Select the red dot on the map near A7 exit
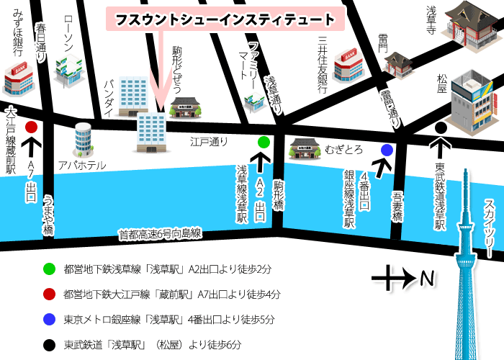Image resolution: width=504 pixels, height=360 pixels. pyautogui.click(x=31, y=127)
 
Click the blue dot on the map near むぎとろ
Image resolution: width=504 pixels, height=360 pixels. pyautogui.click(x=387, y=150)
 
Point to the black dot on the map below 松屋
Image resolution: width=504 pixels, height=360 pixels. pyautogui.click(x=441, y=128)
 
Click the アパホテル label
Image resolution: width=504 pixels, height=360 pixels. pyautogui.click(x=83, y=166)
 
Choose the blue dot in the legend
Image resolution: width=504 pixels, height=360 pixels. pyautogui.click(x=48, y=319)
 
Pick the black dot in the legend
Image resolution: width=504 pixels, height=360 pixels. pyautogui.click(x=48, y=343)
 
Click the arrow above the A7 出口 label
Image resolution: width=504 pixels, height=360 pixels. pyautogui.click(x=32, y=148)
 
